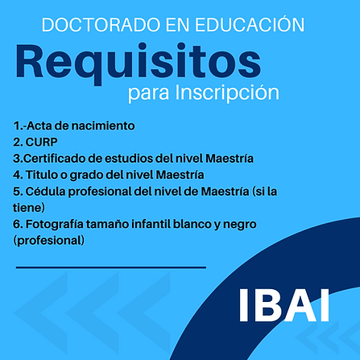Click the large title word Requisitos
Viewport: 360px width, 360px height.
(x=138, y=62)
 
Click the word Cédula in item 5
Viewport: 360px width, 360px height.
(x=46, y=191)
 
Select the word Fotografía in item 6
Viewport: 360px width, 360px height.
(x=58, y=223)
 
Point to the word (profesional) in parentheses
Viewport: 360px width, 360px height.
(x=48, y=239)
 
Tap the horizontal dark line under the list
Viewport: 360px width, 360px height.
(x=110, y=267)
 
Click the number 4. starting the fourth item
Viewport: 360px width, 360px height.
(x=18, y=174)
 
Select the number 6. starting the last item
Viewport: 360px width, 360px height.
(x=18, y=223)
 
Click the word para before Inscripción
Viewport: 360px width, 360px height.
(x=145, y=93)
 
